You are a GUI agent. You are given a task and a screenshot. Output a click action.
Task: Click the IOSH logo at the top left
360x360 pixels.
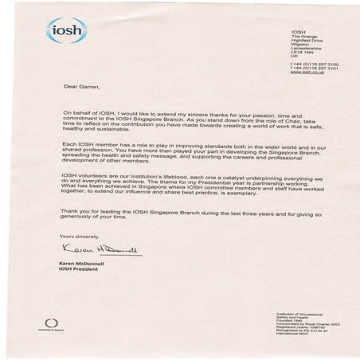click(65, 30)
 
